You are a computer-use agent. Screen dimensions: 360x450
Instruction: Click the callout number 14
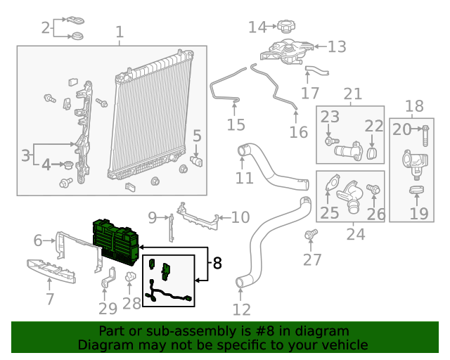click(258, 27)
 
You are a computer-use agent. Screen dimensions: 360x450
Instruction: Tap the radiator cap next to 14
click(284, 27)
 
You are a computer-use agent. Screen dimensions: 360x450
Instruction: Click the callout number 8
click(217, 264)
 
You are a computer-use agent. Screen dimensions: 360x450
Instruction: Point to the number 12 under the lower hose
click(241, 309)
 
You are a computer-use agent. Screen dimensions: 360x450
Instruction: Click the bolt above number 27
click(310, 234)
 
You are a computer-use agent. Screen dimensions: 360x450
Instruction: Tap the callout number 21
click(352, 94)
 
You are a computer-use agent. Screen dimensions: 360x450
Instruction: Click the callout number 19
click(418, 213)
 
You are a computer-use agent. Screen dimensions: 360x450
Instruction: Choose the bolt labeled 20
click(426, 129)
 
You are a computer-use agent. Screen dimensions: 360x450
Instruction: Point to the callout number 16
click(299, 131)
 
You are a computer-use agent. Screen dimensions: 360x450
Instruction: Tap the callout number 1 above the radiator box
click(119, 32)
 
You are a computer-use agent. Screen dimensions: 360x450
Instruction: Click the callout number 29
click(108, 309)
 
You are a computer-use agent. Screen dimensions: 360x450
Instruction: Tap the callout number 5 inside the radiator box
click(197, 136)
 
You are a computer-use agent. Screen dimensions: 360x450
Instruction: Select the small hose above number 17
click(316, 70)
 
